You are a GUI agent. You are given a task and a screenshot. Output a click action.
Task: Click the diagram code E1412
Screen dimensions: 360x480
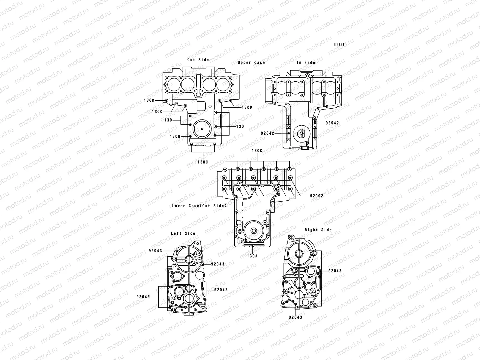pos(340,44)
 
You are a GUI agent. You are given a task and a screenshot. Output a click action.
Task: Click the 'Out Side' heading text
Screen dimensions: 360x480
pos(198,60)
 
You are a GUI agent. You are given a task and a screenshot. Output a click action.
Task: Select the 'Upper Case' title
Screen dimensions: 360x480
pos(251,62)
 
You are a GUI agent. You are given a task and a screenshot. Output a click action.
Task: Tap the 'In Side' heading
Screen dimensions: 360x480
pos(306,62)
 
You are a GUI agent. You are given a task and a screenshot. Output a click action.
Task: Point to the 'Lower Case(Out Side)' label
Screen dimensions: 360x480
pos(199,206)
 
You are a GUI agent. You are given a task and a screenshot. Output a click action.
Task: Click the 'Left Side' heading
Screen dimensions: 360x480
pos(183,233)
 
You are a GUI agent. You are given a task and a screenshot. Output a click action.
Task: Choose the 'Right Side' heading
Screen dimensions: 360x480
pos(318,230)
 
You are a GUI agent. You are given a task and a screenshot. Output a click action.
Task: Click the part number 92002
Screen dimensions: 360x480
pos(317,196)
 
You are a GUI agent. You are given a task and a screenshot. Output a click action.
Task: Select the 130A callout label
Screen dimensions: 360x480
pos(252,256)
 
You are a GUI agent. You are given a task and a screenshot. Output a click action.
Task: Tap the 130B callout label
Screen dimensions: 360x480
pos(175,136)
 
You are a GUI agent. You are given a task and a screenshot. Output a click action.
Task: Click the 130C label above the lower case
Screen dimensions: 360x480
pos(257,151)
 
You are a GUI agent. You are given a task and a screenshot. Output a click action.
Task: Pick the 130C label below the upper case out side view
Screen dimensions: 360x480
pos(203,162)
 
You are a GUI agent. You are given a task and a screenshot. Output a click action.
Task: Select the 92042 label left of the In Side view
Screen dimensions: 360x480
pos(267,133)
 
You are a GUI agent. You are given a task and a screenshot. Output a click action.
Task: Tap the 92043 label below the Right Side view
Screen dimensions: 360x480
pos(295,317)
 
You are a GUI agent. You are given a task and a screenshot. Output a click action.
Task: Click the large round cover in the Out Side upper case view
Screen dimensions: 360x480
pos(203,129)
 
